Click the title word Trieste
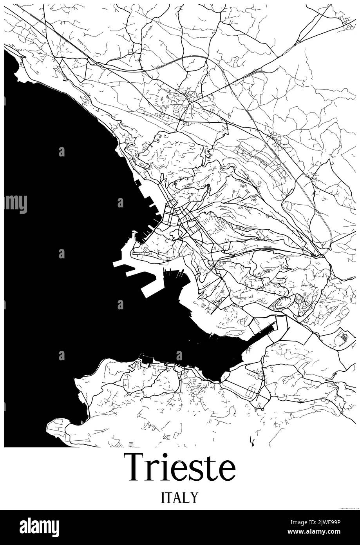click(180, 467)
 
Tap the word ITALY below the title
click(180, 498)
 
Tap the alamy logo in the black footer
click(39, 527)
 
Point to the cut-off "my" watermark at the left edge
click(16, 203)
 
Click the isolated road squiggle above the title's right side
click(252, 442)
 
